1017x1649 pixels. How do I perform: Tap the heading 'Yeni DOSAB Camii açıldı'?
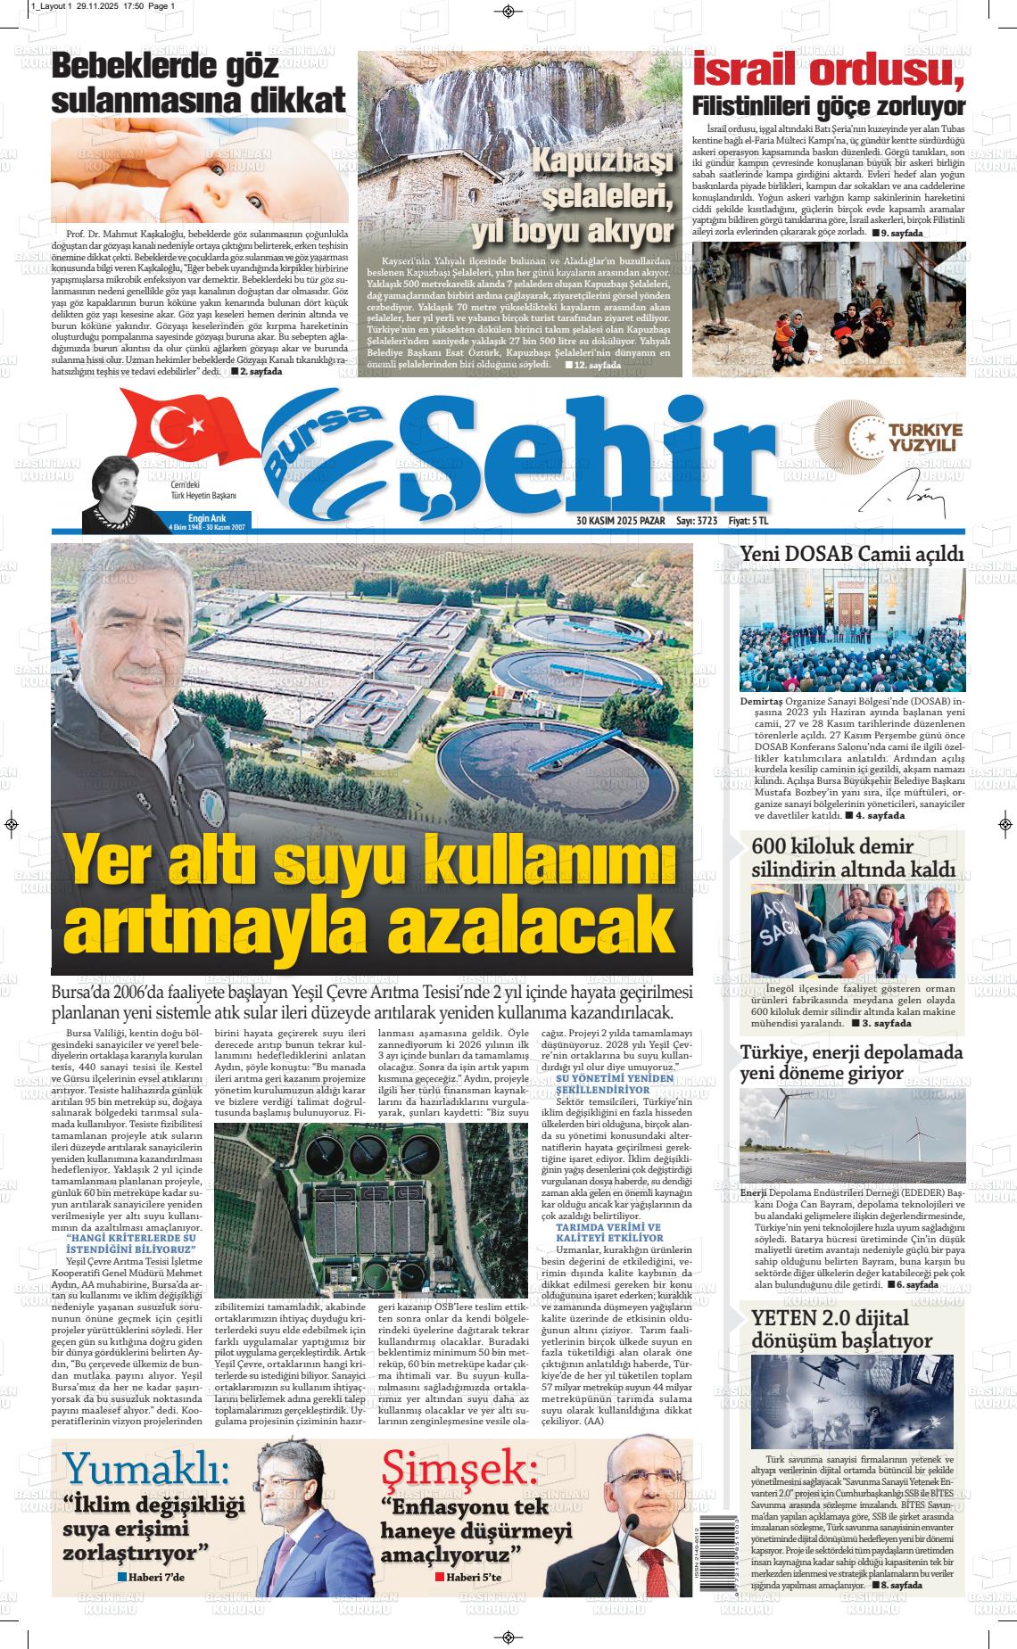pos(852,555)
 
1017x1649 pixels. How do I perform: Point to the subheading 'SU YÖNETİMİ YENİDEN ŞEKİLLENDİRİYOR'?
pos(616,1084)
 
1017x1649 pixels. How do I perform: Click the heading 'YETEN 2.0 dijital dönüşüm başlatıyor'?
pos(842,1328)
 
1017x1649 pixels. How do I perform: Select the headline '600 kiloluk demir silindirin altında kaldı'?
pos(852,857)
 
